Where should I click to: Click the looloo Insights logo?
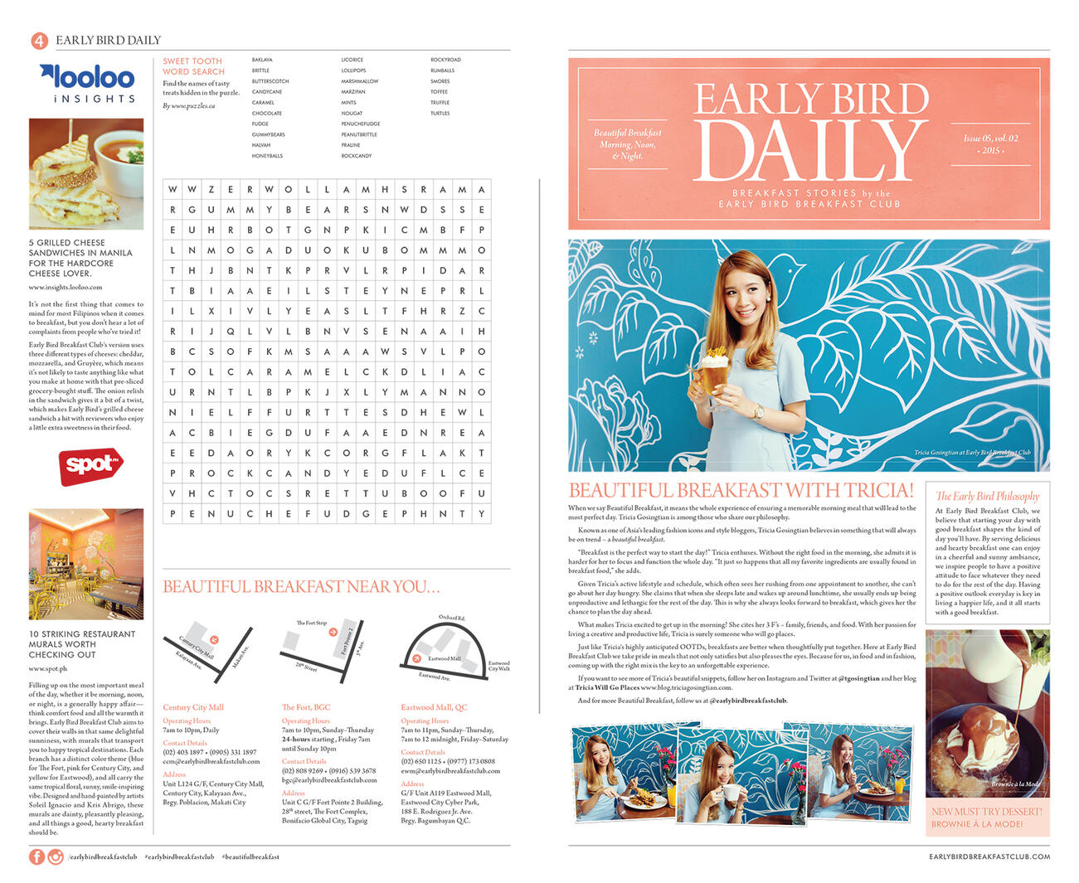[x=87, y=84]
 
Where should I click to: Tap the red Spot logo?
[x=90, y=465]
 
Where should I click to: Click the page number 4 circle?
[x=38, y=41]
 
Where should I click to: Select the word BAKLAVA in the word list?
[x=262, y=61]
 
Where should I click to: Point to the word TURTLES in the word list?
[x=440, y=114]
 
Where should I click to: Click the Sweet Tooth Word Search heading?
[x=192, y=66]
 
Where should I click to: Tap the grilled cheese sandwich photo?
[x=86, y=173]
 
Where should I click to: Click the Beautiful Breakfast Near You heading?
[x=301, y=587]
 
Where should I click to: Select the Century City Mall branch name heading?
[x=193, y=707]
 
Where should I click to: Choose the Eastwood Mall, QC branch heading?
[x=434, y=707]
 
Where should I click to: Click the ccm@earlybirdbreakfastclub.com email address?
[x=211, y=761]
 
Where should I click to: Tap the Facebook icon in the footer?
[x=36, y=856]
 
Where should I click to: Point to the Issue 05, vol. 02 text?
[x=990, y=138]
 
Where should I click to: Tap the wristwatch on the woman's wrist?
[x=757, y=411]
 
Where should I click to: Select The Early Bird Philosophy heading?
[x=987, y=496]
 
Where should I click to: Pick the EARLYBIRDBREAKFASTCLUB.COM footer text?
[x=989, y=856]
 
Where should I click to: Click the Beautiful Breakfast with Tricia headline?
[x=741, y=490]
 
